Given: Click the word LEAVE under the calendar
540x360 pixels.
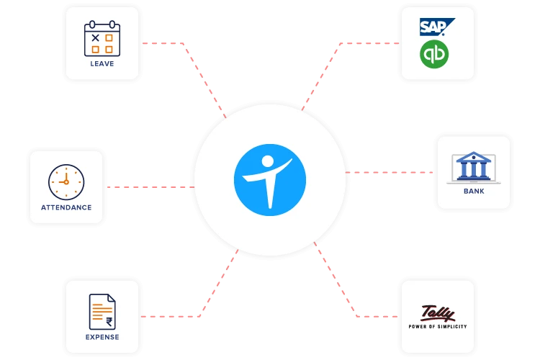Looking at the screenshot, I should (x=102, y=63).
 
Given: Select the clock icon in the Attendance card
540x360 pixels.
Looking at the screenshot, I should (x=66, y=181).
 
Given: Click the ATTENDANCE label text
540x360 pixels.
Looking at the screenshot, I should (x=66, y=207).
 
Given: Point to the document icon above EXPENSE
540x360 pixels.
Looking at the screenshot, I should (x=102, y=312).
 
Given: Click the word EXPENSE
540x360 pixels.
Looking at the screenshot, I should (x=102, y=337).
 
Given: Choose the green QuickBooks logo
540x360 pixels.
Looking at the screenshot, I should (x=435, y=54).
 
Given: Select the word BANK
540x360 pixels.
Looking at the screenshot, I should (x=474, y=192).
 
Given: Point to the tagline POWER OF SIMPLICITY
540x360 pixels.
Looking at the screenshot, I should (x=438, y=326).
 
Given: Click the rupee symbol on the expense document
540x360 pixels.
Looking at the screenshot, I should (x=109, y=322).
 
